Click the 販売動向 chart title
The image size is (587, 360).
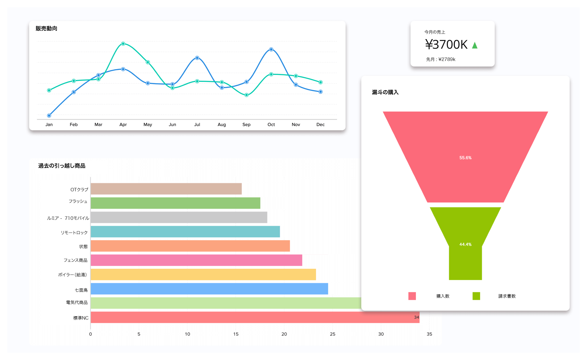(46, 29)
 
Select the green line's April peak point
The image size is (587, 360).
(123, 44)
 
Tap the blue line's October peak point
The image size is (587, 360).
(271, 49)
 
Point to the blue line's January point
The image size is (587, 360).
(49, 116)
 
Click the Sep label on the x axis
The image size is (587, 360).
(246, 125)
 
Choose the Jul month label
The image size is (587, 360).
(197, 125)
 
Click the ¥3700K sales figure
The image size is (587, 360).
(446, 45)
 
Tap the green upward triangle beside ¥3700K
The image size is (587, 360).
(475, 45)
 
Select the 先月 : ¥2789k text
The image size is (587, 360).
(441, 59)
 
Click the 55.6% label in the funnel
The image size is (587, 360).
(465, 158)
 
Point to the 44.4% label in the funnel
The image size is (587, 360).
(465, 244)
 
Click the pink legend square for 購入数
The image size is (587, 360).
(412, 296)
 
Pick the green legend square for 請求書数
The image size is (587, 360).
(476, 296)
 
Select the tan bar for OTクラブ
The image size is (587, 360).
(166, 189)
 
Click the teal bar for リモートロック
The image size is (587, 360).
(185, 232)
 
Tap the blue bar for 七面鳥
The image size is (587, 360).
(209, 289)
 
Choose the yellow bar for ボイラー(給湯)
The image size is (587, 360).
(203, 275)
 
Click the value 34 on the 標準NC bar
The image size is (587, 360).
(416, 317)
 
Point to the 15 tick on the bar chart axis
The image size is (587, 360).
(236, 334)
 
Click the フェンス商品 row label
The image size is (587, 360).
(75, 260)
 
